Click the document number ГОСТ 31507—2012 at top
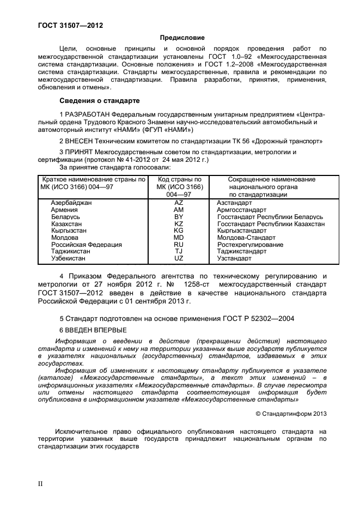coord(70,26)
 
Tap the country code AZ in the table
coord(179,203)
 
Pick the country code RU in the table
coord(179,245)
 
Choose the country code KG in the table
coord(179,231)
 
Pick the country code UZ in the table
coord(179,259)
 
